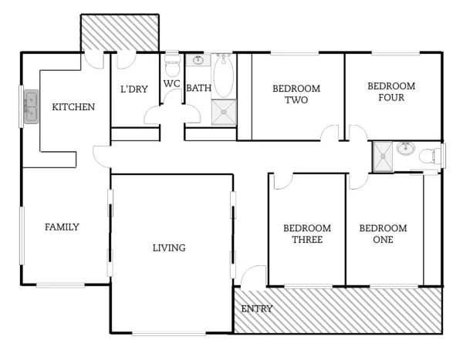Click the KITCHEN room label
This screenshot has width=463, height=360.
point(73,107)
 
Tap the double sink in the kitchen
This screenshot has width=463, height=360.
point(31,107)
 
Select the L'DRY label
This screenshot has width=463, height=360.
point(133,89)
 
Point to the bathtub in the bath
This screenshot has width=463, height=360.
point(223,76)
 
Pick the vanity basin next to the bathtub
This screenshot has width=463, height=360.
point(198,60)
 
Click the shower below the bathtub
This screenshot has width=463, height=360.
point(223,112)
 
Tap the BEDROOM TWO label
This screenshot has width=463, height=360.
point(296,94)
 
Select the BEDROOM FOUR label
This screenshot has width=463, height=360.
point(391,92)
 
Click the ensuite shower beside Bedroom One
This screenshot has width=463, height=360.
point(383,157)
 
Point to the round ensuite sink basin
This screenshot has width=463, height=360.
point(405,148)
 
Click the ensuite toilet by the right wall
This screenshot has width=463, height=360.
point(429,156)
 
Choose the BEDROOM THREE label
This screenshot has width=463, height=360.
point(307,234)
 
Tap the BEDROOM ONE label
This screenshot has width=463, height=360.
point(383,234)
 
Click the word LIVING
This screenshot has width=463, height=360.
point(169,248)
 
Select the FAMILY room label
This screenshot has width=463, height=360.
point(62,227)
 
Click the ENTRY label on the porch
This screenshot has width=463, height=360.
point(257,309)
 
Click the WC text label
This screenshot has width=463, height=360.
point(171,84)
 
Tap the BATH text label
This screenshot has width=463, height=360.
point(198,89)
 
